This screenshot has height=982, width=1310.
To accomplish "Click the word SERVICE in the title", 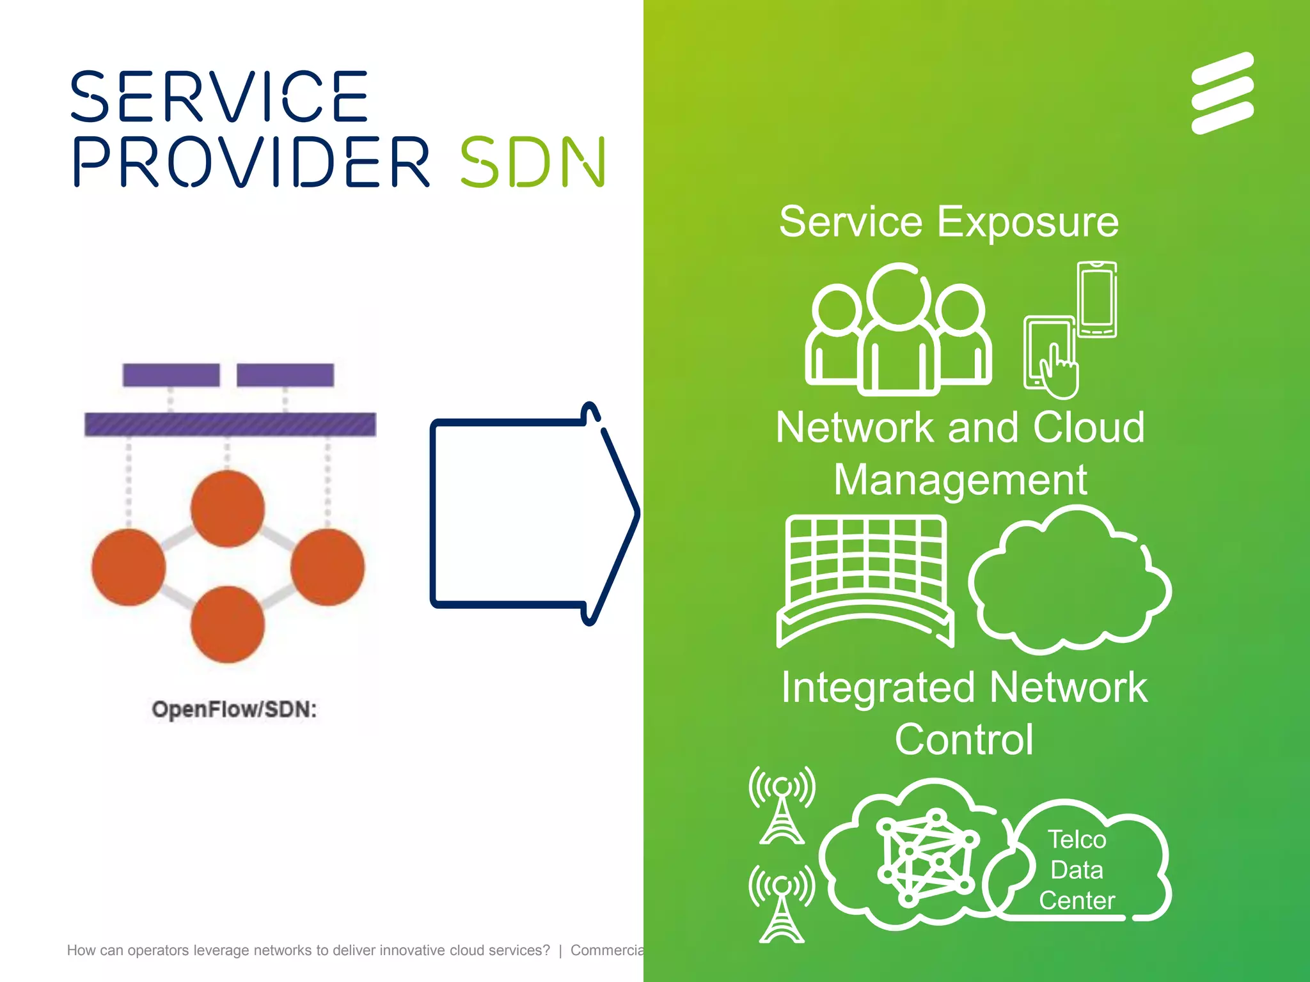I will (x=219, y=97).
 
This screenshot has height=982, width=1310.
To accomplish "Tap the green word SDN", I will (x=532, y=162).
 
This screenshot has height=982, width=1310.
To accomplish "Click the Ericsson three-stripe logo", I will (x=1222, y=93).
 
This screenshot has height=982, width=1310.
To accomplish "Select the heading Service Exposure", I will (x=949, y=222).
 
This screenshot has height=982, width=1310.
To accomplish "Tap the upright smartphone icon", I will (x=1097, y=299).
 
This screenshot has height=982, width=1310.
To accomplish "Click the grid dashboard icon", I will (x=865, y=579).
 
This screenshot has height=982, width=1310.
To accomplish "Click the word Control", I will (x=963, y=740).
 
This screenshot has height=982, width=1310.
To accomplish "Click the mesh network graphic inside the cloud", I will (x=926, y=857).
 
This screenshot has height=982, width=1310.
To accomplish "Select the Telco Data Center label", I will (x=1077, y=869).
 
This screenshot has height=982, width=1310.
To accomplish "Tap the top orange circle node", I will (x=227, y=509).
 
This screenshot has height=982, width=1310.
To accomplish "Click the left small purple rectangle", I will (x=171, y=375).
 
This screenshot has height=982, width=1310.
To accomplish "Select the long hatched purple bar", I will (x=230, y=425).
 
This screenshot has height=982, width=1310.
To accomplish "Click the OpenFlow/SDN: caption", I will (x=234, y=710).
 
